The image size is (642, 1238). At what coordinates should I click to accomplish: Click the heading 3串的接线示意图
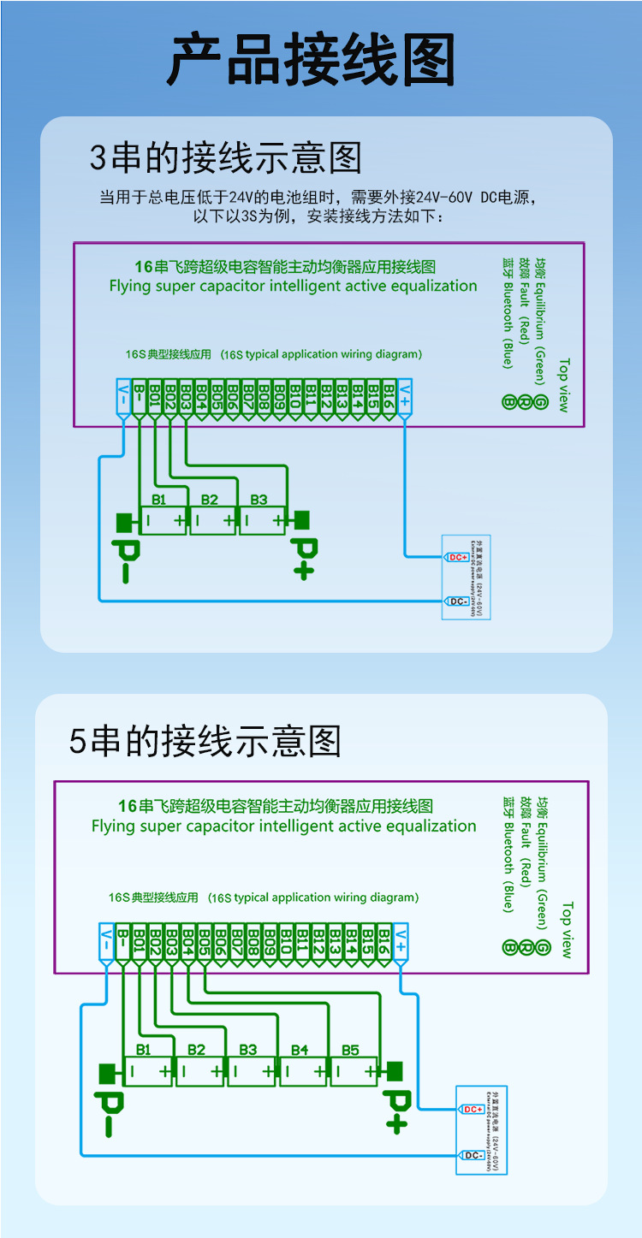(x=226, y=158)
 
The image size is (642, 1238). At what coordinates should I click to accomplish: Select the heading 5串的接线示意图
(x=205, y=741)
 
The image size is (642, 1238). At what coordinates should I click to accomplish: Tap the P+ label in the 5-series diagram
(x=395, y=1110)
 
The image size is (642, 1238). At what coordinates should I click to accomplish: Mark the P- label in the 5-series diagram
(x=109, y=1112)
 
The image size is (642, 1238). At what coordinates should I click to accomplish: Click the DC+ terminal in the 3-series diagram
(x=457, y=557)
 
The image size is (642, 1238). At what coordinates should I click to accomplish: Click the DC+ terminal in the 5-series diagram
(x=473, y=1110)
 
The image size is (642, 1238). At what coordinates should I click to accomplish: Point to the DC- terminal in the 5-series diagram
(x=473, y=1155)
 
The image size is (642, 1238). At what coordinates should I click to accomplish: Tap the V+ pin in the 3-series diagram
(x=404, y=395)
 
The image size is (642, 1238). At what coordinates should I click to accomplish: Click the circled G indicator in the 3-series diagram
(x=540, y=402)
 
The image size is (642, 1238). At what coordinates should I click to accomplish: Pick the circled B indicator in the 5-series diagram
(x=510, y=947)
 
